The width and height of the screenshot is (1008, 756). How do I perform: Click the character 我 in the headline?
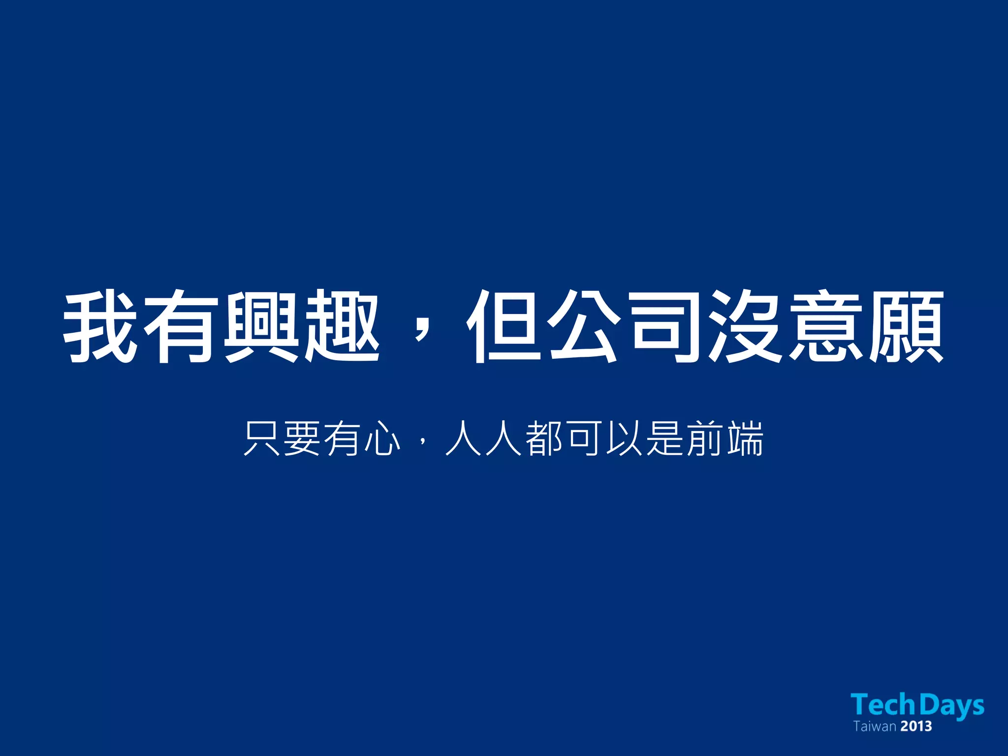[100, 327]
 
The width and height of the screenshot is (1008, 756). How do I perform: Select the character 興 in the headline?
[261, 327]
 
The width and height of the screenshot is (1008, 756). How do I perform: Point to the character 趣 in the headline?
[342, 327]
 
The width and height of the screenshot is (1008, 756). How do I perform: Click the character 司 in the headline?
[664, 327]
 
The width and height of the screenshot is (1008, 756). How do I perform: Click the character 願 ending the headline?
[906, 327]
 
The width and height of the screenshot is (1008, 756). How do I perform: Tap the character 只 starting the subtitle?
[262, 439]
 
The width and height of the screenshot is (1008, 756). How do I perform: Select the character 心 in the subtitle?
[382, 439]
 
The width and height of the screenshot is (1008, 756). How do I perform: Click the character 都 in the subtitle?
[544, 439]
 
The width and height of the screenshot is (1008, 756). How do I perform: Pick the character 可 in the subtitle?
[584, 439]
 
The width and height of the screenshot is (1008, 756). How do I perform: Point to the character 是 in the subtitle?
[664, 439]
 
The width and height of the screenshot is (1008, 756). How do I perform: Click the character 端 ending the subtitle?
[745, 439]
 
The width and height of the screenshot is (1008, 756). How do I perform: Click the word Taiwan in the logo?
[875, 726]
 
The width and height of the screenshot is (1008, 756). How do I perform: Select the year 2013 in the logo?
[916, 726]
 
